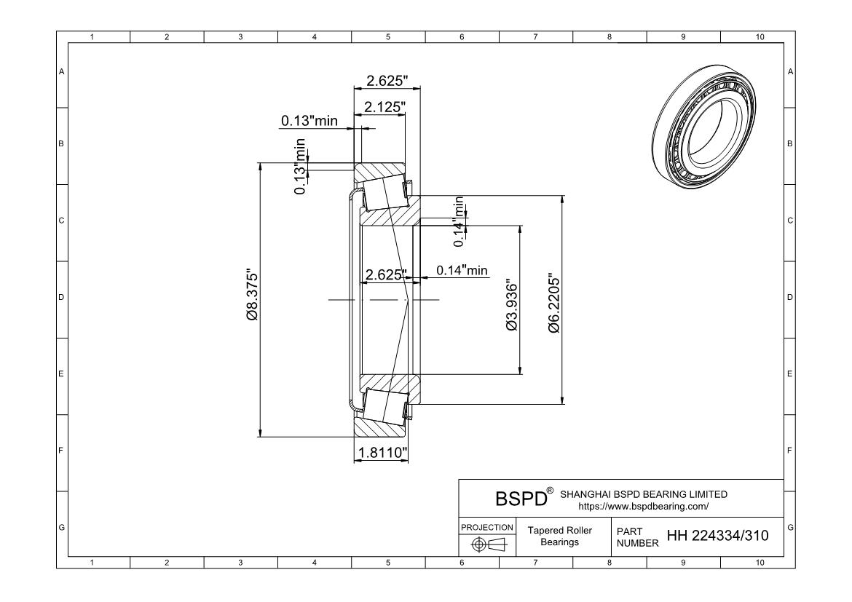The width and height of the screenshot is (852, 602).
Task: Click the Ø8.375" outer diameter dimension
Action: tap(252, 299)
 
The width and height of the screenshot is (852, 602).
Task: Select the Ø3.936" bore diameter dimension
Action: tap(512, 306)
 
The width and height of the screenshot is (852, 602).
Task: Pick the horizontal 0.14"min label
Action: tap(462, 271)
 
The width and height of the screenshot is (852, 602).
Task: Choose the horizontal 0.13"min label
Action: tap(309, 121)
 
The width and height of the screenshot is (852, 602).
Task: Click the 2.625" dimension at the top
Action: tap(387, 80)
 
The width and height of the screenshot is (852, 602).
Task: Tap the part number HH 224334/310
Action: tap(717, 537)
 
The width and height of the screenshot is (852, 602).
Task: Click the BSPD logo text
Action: tap(520, 499)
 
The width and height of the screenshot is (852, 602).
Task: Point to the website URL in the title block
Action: tap(643, 505)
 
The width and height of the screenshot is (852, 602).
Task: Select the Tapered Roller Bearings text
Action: tap(560, 536)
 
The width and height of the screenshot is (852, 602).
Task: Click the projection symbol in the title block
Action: tap(487, 543)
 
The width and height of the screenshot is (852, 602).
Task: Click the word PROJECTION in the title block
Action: tap(487, 527)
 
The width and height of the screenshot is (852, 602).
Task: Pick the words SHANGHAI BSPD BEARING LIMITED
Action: tap(644, 494)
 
